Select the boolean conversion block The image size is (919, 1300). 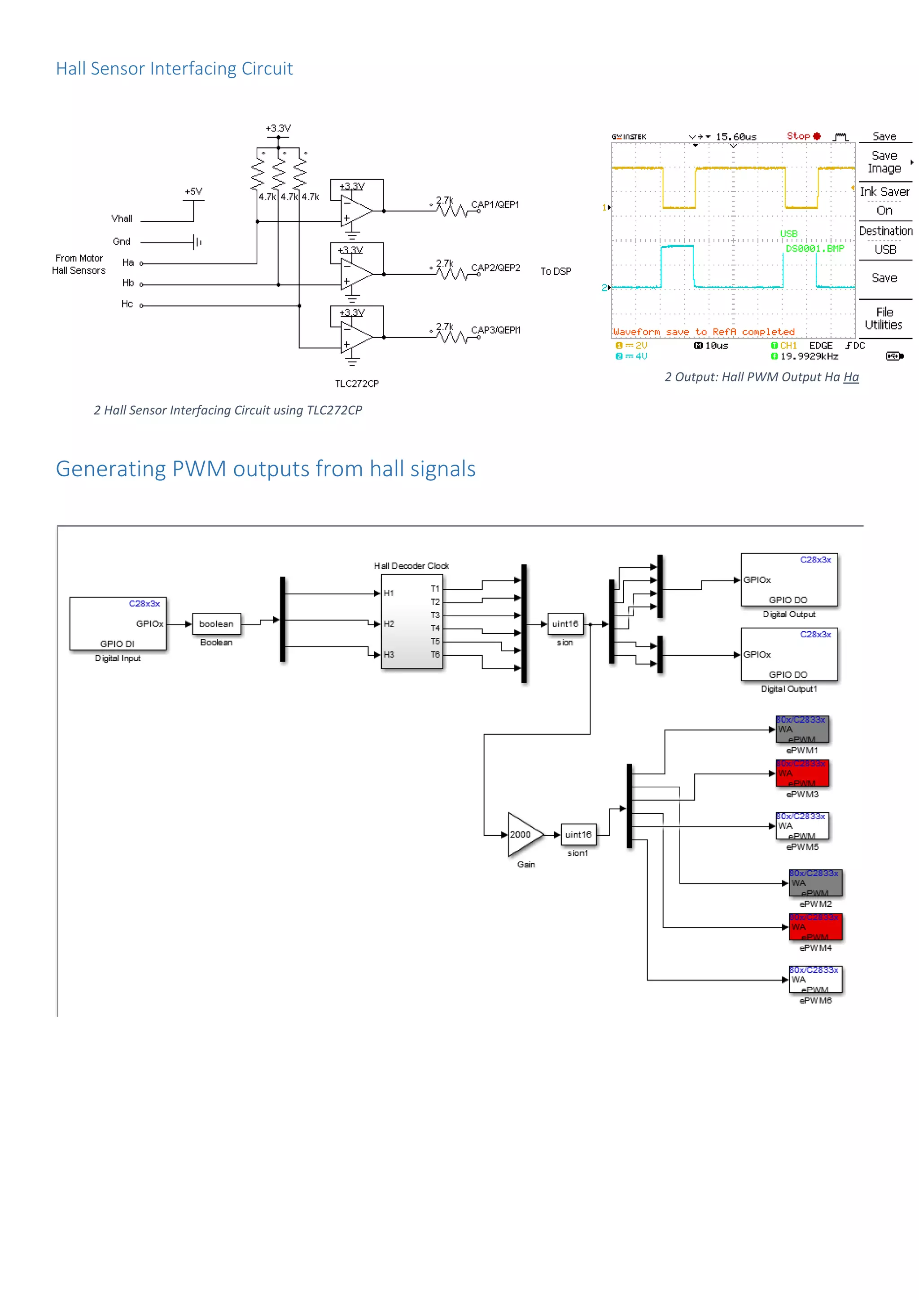point(216,624)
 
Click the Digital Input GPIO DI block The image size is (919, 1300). point(118,624)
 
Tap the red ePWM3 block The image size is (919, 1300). point(802,773)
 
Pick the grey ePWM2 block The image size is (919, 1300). point(815,883)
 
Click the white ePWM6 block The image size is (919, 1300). point(815,979)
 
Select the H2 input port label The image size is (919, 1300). point(389,624)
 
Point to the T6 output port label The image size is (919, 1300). point(435,654)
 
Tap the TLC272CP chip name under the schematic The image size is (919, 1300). point(356,383)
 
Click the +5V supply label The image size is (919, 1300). point(193,191)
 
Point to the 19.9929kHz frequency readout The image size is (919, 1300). point(809,356)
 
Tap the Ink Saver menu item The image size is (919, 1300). point(884,192)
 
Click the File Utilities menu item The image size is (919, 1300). point(884,318)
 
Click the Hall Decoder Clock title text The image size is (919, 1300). point(411,566)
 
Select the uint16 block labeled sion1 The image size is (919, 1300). point(578,834)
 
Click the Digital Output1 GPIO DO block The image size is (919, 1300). point(789,654)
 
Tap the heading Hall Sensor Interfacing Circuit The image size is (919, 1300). point(174,69)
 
